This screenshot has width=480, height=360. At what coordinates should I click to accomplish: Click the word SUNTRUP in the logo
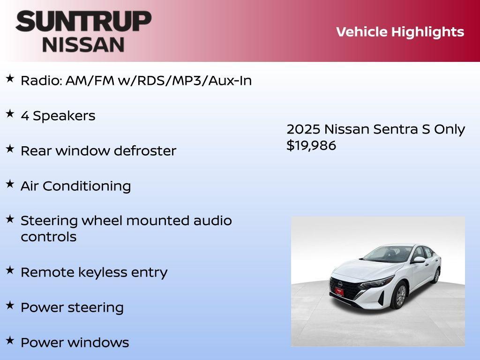point(83,21)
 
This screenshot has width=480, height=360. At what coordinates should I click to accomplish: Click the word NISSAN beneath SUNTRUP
point(83,44)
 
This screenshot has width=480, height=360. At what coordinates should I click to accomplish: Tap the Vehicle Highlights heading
point(400,32)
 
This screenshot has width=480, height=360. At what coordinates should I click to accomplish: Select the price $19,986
point(311,145)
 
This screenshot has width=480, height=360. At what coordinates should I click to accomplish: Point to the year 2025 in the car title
point(303,129)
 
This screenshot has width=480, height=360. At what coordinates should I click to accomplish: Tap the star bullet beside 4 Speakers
point(10,114)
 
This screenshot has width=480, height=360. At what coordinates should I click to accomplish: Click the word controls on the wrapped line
point(48,237)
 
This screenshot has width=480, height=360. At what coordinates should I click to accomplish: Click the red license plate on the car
point(339,291)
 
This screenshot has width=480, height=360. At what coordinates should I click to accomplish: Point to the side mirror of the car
point(419,260)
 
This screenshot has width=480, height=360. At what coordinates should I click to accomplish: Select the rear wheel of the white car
point(437,275)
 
